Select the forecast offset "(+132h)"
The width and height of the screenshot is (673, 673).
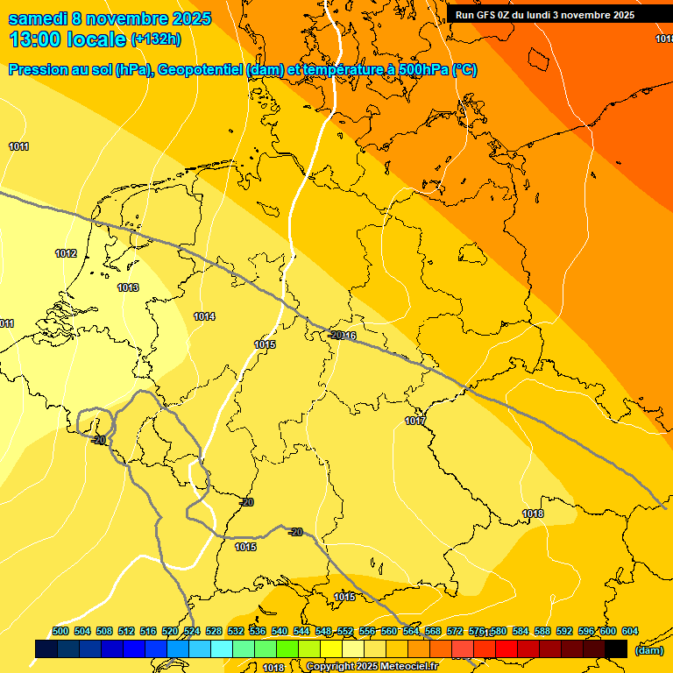(156, 39)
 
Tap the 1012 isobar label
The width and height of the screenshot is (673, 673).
(66, 254)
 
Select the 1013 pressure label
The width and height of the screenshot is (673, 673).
(128, 287)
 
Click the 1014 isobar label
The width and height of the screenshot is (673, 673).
(204, 316)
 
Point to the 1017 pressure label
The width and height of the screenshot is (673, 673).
(415, 422)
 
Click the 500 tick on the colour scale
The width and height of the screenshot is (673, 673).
(60, 632)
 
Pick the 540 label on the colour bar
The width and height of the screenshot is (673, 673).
(280, 632)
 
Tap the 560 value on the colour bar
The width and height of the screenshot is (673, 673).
(389, 632)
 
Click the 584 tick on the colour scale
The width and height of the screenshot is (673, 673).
(521, 632)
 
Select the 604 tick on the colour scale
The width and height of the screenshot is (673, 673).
(630, 632)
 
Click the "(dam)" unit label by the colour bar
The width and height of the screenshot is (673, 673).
(648, 650)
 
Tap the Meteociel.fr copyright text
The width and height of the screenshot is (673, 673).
(372, 667)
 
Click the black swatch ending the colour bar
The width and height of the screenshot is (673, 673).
(616, 648)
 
